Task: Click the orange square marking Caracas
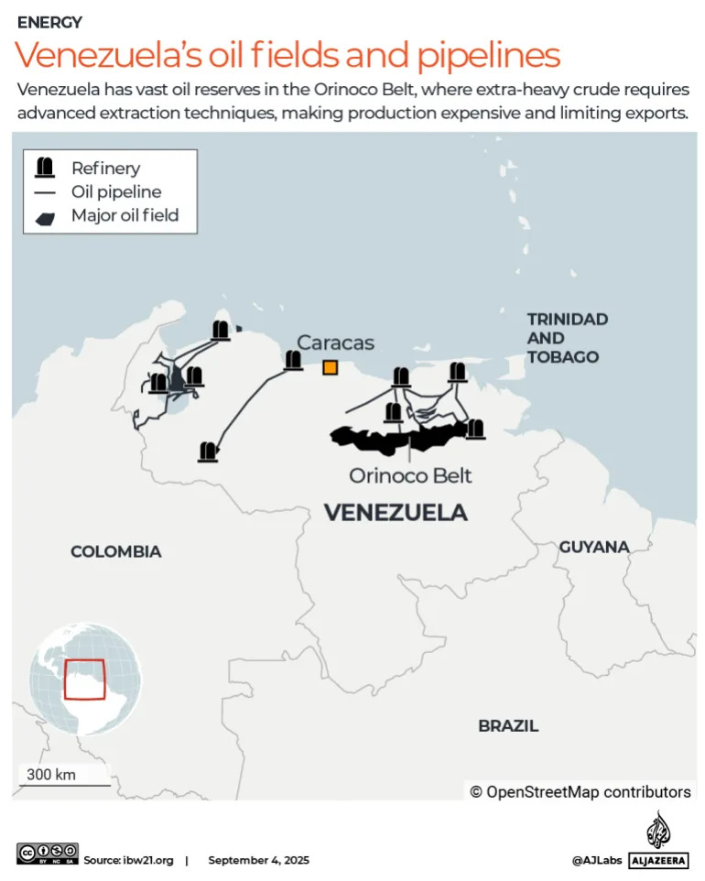330,367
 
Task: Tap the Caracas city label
335,343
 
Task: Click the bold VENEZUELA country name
396,513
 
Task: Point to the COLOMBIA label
116,551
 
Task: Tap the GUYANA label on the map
594,547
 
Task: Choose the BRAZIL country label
508,725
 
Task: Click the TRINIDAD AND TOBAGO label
567,338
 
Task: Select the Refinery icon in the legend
43,168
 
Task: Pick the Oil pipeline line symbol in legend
43,192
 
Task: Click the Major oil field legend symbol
43,217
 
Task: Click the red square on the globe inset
84,680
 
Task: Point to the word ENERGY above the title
49,22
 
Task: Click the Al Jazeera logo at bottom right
657,841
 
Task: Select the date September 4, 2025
258,860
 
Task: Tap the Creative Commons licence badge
47,854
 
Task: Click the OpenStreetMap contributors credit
580,792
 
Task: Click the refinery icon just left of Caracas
293,361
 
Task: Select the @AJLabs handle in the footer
596,860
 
